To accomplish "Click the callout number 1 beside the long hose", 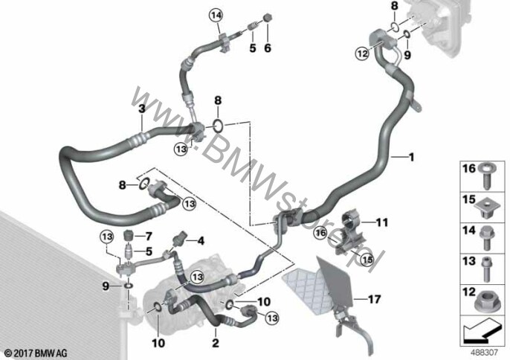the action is pos(411,158).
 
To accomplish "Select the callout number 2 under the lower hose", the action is pos(216,343).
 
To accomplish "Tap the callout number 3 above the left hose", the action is pos(142,109).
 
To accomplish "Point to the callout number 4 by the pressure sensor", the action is pos(201,241).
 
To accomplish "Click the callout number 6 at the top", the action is pos(268,48).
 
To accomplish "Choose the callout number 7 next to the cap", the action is pos(149,235).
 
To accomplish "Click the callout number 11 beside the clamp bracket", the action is pos(382,222).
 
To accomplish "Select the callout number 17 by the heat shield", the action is pos(374,299).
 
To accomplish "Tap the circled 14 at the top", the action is pos(216,15).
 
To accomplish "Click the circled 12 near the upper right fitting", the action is pos(362,53).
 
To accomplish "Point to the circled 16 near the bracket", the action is pos(320,233).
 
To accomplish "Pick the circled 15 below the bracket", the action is pos(367,260).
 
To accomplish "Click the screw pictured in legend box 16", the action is pos(487,176).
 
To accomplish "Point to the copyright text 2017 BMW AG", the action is pos(36,353).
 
